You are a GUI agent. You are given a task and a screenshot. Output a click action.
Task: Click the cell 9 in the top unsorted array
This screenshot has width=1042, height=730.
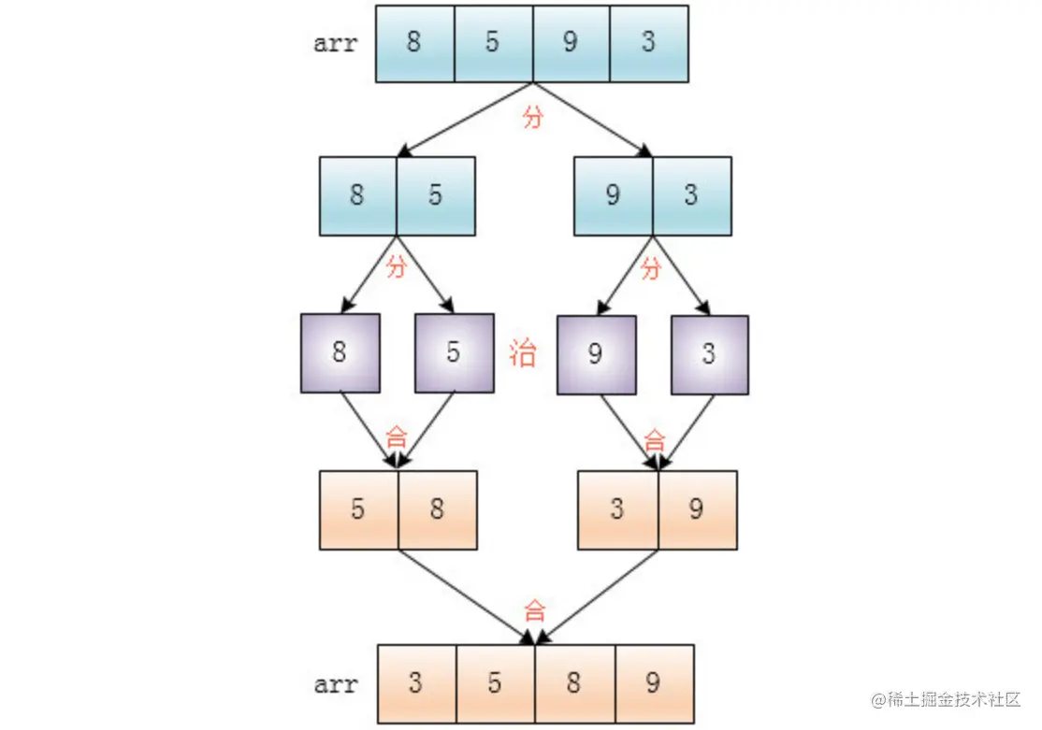[572, 44]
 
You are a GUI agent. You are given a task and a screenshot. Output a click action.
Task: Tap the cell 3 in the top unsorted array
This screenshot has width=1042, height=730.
[649, 44]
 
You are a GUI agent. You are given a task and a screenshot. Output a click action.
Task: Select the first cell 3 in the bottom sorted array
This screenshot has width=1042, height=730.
[416, 683]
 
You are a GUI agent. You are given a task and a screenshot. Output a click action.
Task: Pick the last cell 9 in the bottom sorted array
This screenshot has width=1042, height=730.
[654, 683]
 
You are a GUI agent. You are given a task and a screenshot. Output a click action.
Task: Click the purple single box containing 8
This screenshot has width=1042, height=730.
[340, 353]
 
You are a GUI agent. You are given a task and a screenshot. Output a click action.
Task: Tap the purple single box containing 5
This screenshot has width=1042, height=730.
[454, 353]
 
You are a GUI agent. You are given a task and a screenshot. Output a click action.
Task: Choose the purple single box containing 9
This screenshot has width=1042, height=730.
[596, 354]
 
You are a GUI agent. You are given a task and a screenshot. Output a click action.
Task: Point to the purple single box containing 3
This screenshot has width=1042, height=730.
[709, 354]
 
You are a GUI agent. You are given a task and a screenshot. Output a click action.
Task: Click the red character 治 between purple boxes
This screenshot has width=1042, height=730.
[523, 354]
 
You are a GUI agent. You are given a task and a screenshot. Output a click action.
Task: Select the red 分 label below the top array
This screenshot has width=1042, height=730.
[532, 118]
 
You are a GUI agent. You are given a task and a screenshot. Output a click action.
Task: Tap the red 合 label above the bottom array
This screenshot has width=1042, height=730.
[534, 612]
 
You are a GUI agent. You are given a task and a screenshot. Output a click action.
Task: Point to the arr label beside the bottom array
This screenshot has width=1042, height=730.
[336, 684]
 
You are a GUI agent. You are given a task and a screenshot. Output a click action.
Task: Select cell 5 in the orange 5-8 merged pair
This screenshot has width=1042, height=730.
[358, 509]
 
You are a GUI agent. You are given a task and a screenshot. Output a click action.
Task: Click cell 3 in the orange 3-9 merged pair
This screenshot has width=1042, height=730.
[617, 509]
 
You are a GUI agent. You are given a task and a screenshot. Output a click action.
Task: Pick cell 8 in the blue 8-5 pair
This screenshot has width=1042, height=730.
[357, 195]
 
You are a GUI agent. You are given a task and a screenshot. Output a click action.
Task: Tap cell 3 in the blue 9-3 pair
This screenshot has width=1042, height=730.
[691, 195]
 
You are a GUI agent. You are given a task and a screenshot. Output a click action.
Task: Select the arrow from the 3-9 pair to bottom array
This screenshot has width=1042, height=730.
[599, 596]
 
